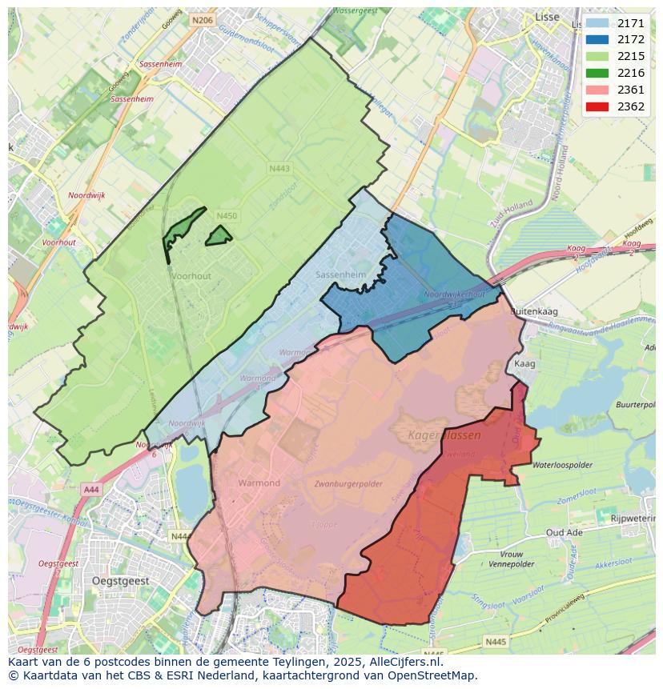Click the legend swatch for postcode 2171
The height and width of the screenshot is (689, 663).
tap(597, 23)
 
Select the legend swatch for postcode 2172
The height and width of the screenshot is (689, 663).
tap(597, 40)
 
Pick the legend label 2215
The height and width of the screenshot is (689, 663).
tap(631, 56)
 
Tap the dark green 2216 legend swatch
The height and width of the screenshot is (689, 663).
tap(597, 73)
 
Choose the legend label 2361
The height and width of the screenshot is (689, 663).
tap(631, 90)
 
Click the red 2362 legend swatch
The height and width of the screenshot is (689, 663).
tap(597, 106)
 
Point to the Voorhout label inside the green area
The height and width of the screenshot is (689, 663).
tap(191, 275)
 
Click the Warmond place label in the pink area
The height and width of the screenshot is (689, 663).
tap(259, 483)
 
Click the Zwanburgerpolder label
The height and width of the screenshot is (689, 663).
tap(348, 484)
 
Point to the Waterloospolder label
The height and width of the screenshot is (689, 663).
tap(562, 464)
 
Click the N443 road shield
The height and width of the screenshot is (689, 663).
tap(279, 168)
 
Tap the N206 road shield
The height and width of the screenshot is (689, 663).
tap(203, 20)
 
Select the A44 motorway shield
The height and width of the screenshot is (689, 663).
tap(90, 489)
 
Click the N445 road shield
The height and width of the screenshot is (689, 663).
tap(496, 641)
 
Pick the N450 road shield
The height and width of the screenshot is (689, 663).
tap(227, 216)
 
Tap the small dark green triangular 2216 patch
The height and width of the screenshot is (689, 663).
tap(219, 235)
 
